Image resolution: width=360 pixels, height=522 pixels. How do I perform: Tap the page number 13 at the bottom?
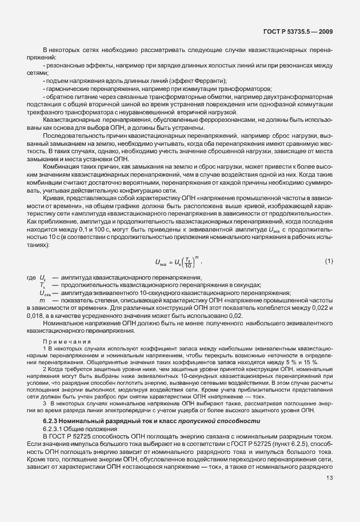(x=330, y=478)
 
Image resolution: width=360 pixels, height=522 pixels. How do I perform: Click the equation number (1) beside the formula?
(x=329, y=245)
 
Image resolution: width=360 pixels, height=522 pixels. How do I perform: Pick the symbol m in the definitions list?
(x=42, y=300)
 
